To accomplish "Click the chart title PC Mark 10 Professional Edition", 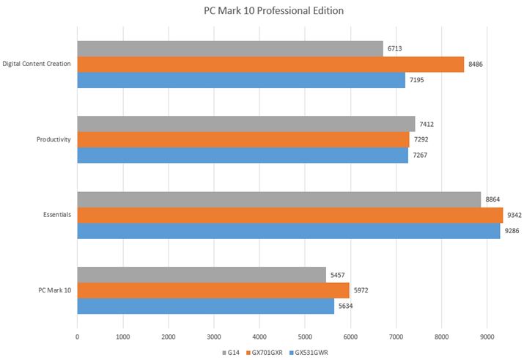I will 262,11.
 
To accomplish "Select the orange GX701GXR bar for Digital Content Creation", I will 270,65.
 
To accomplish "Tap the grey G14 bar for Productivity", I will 246,124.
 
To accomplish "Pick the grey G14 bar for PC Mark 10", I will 202,275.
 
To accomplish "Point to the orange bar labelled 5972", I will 213,290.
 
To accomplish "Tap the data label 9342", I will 514,216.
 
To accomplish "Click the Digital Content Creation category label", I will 37,64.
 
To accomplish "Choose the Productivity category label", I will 53,140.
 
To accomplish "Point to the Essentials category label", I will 56,216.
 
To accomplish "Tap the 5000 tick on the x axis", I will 305,337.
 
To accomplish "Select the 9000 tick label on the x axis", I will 487,337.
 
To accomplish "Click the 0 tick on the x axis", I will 77,337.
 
